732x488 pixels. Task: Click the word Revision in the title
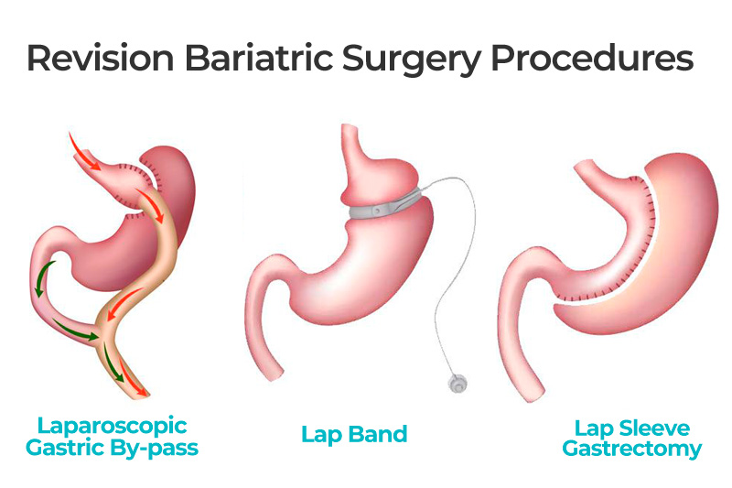pos(101,58)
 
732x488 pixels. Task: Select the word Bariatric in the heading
pos(259,58)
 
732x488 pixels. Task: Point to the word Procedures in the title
pos(592,58)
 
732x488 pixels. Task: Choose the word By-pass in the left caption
pos(155,449)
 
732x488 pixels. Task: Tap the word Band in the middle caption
pos(378,434)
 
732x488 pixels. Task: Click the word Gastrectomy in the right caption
pos(632,449)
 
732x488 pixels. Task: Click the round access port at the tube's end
pos(457,383)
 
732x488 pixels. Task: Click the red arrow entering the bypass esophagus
pos(84,152)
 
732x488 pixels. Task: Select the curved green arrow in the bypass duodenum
pos(43,277)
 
